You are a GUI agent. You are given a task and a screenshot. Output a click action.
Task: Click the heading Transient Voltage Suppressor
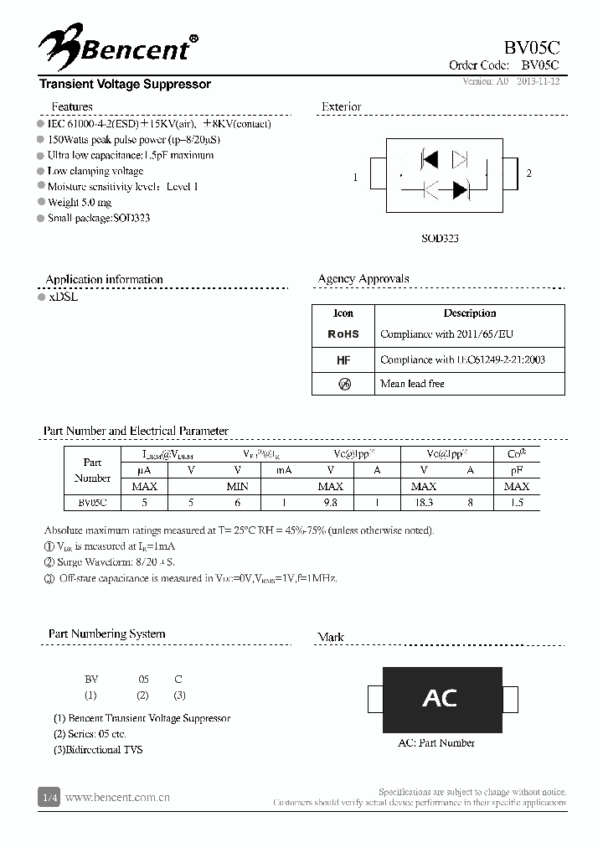[125, 85]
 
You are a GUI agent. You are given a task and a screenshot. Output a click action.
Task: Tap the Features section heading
[72, 106]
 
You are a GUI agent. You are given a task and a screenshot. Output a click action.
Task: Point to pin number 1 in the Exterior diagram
[356, 177]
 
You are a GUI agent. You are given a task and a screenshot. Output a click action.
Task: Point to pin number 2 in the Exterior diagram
[528, 173]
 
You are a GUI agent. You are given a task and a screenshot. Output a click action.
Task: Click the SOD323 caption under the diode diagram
[440, 238]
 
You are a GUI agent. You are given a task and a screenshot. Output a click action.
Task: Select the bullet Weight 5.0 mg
[79, 202]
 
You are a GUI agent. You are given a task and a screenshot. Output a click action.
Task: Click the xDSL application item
[63, 297]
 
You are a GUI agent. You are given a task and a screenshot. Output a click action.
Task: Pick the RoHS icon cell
[343, 334]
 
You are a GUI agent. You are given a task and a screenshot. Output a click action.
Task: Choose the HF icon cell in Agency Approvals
[343, 359]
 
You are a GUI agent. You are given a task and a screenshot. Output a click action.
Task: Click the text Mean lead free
[412, 384]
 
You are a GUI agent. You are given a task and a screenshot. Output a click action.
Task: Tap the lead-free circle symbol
[343, 384]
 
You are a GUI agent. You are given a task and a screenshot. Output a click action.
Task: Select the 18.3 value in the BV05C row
[424, 502]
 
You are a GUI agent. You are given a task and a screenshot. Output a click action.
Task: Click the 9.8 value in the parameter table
[330, 502]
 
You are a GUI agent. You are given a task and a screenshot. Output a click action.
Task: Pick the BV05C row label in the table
[92, 502]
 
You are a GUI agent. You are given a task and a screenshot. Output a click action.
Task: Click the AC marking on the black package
[440, 697]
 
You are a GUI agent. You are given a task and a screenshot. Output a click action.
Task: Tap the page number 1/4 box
[49, 798]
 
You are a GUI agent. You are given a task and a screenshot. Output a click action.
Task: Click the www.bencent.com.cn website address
[117, 798]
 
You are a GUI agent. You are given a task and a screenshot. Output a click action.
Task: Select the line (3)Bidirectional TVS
[98, 749]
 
